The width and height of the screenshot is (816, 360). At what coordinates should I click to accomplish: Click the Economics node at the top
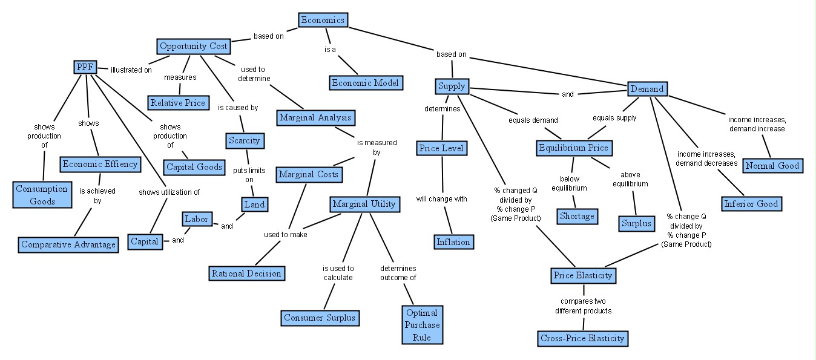(x=323, y=20)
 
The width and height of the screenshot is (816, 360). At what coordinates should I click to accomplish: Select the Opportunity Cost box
(x=194, y=46)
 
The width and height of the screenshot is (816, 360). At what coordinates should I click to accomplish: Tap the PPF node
(x=85, y=67)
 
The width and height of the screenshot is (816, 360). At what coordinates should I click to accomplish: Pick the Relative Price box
(x=179, y=103)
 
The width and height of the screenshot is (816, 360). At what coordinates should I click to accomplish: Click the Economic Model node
(x=366, y=83)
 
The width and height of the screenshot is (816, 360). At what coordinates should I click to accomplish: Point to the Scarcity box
(x=244, y=141)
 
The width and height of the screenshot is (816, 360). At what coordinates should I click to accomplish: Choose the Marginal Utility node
(x=364, y=205)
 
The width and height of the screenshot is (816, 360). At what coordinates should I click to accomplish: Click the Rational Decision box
(x=246, y=273)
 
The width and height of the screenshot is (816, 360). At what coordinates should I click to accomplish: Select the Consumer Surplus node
(x=320, y=318)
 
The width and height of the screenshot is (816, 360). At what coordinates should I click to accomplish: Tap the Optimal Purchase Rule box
(x=422, y=325)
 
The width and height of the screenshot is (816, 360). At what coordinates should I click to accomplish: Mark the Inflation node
(x=453, y=242)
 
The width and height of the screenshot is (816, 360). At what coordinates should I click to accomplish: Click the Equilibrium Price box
(x=573, y=148)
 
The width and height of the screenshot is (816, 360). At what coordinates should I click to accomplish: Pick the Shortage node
(x=577, y=215)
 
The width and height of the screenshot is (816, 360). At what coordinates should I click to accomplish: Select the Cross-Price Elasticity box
(x=582, y=338)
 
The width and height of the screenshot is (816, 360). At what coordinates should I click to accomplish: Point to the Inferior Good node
(x=751, y=204)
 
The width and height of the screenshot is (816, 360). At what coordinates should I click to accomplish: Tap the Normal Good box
(x=772, y=166)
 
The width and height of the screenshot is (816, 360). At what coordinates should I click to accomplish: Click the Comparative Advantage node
(x=68, y=245)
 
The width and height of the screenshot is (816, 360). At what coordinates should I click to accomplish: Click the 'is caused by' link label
(x=238, y=108)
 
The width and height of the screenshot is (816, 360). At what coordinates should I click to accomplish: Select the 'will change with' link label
(x=441, y=199)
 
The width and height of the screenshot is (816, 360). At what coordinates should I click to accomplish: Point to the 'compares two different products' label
(x=584, y=306)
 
